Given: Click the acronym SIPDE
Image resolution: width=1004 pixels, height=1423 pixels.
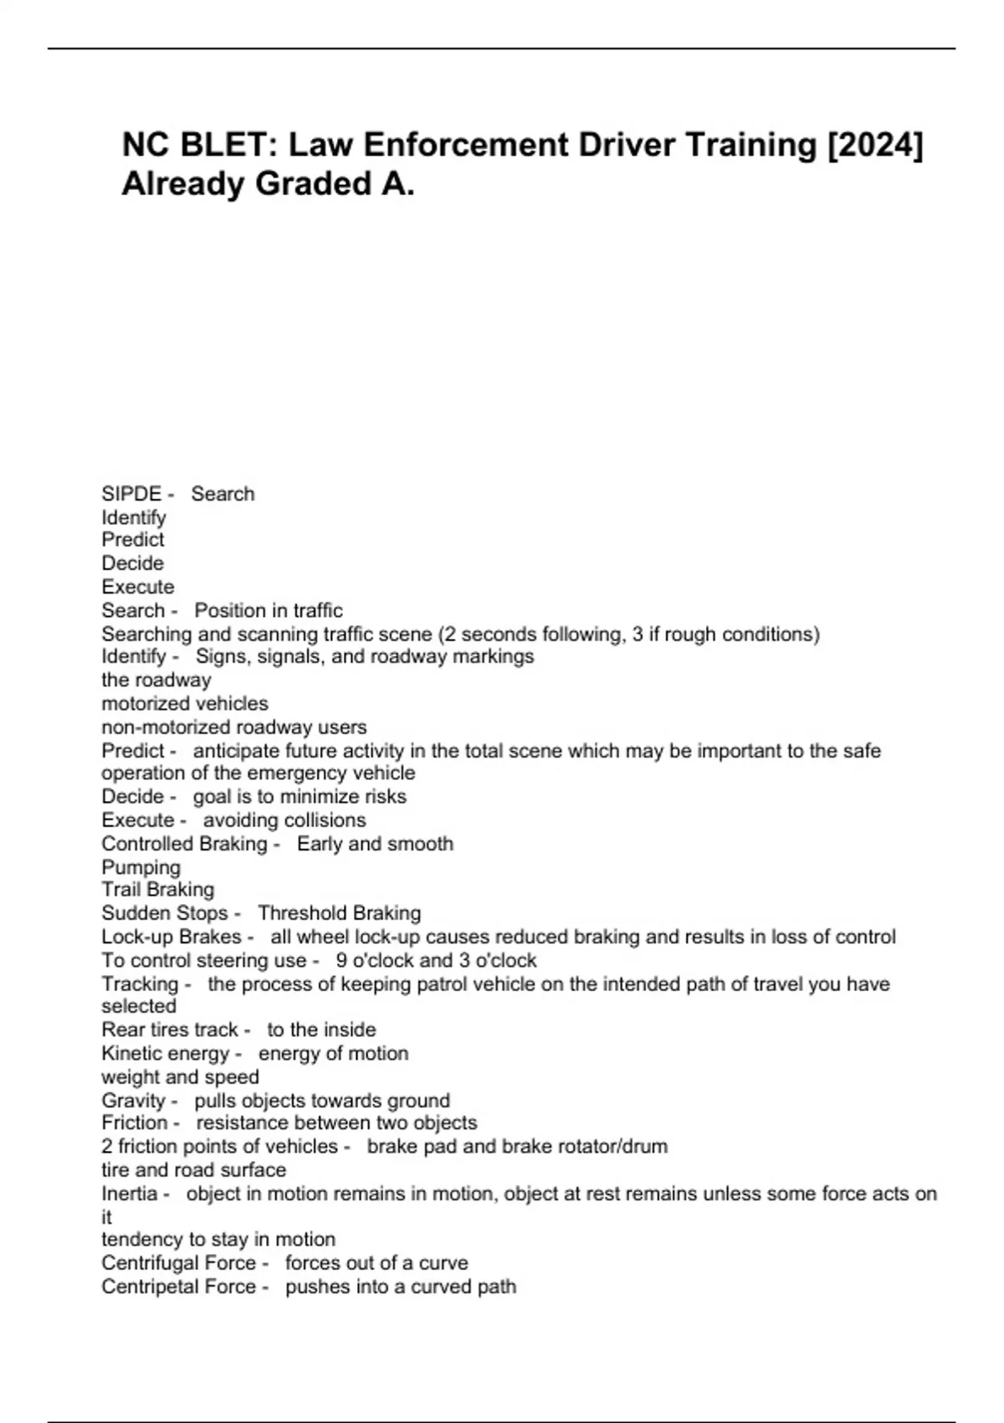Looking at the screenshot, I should point(131,494).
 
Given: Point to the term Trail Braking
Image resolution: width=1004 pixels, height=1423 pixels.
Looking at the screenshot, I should point(157,890).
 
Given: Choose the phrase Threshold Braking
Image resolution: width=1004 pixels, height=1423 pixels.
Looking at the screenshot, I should point(339,913).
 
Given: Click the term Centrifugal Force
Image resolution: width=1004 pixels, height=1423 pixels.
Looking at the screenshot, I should point(178,1263).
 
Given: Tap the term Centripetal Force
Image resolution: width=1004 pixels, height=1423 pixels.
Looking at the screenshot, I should point(178,1287).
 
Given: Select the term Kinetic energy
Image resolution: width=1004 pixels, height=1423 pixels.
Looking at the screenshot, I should point(165,1054).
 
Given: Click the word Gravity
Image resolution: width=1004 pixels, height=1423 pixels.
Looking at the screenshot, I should point(134,1101).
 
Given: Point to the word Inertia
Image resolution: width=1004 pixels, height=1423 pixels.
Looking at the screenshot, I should point(130,1194).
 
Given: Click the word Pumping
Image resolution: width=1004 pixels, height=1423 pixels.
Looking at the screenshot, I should point(141,867).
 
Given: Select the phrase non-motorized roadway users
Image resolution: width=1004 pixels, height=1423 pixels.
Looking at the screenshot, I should point(233,727).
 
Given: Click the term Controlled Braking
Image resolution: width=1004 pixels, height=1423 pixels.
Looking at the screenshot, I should point(184,844).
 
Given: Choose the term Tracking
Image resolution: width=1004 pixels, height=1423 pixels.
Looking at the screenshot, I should point(140,984).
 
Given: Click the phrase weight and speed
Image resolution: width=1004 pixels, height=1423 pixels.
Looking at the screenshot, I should point(180,1077).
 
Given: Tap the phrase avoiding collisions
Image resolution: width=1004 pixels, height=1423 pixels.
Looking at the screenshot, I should point(284,820).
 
